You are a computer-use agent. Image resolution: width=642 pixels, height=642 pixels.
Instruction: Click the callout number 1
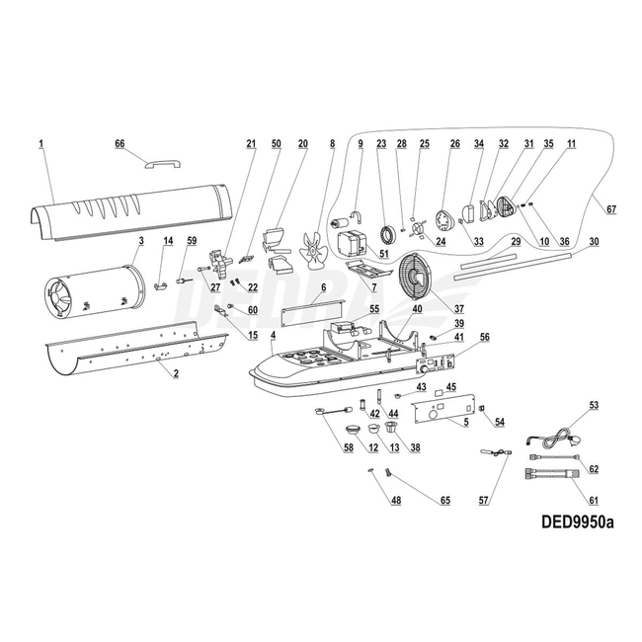(x=42, y=145)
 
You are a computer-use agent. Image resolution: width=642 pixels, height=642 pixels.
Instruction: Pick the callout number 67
(x=610, y=209)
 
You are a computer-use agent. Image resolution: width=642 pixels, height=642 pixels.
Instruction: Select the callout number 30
(x=593, y=241)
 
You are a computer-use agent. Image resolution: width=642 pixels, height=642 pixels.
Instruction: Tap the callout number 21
(x=251, y=145)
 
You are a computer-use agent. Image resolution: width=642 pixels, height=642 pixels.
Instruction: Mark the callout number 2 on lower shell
(x=175, y=374)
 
